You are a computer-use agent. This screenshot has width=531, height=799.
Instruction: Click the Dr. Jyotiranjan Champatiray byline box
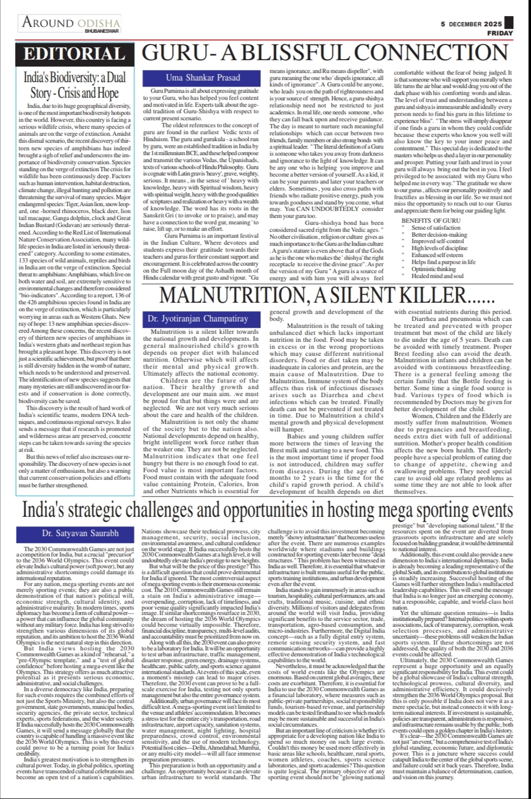(198, 319)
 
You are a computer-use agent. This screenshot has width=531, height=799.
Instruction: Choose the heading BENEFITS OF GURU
(431, 221)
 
